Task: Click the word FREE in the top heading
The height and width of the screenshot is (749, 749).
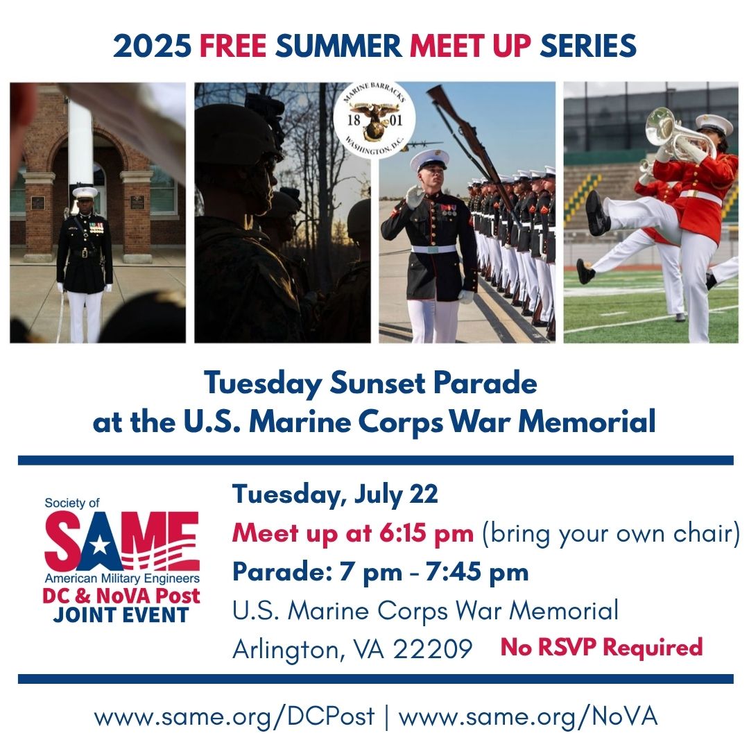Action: point(233,46)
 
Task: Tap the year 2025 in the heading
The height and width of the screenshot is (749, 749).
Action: point(152,46)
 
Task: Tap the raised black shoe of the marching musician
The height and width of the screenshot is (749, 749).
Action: point(596,213)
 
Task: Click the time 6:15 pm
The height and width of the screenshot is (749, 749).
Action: point(439,533)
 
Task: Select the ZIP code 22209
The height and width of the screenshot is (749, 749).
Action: point(433,649)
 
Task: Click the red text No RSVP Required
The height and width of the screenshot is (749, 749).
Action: point(601,647)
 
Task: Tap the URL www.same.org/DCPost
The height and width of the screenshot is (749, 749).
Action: point(234,716)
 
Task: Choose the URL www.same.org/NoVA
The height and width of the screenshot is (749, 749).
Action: point(528,716)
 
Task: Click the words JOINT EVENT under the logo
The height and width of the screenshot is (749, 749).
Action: point(121,614)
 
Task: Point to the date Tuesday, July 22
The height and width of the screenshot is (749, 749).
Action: point(335,495)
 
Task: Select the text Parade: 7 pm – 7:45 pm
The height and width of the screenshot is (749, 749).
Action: point(380,572)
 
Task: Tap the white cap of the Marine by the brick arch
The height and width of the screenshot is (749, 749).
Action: point(85,192)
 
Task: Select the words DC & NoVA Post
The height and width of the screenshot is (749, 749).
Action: point(121,596)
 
